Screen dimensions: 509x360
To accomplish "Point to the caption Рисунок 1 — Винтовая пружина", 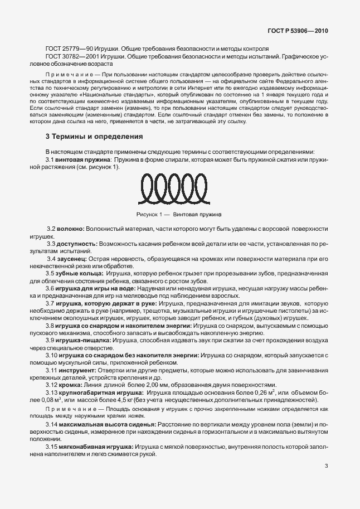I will pyautogui.click(x=179, y=214).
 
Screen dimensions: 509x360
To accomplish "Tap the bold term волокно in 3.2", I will pyautogui.click(x=69, y=229).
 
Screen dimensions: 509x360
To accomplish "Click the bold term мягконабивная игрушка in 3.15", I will pyautogui.click(x=97, y=447).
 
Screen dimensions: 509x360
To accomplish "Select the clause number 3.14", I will pyautogui.click(x=52, y=424).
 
